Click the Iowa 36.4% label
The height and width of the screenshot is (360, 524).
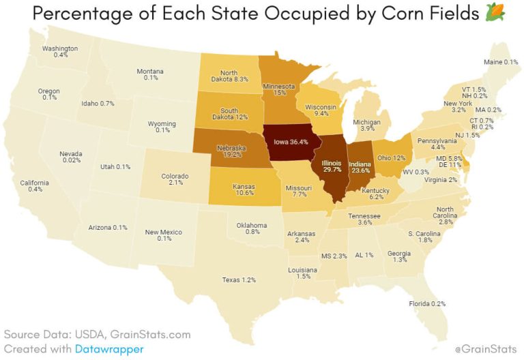291,142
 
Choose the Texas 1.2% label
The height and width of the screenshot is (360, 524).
239,280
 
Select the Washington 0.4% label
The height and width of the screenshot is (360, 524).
60,52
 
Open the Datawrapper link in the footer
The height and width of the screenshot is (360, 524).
105,348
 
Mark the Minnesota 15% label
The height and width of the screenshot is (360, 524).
279,90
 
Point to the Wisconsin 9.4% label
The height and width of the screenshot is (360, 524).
321,111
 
